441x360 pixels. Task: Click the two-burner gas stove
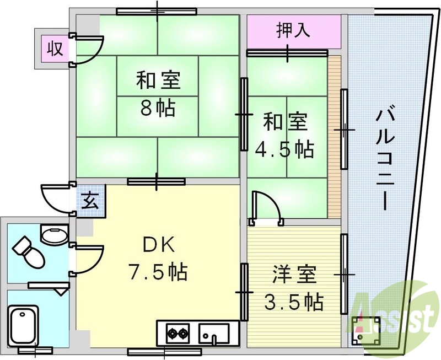point(178,332)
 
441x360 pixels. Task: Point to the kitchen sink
point(214,332)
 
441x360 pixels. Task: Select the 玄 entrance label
point(89,200)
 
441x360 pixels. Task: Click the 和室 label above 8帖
point(159,82)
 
